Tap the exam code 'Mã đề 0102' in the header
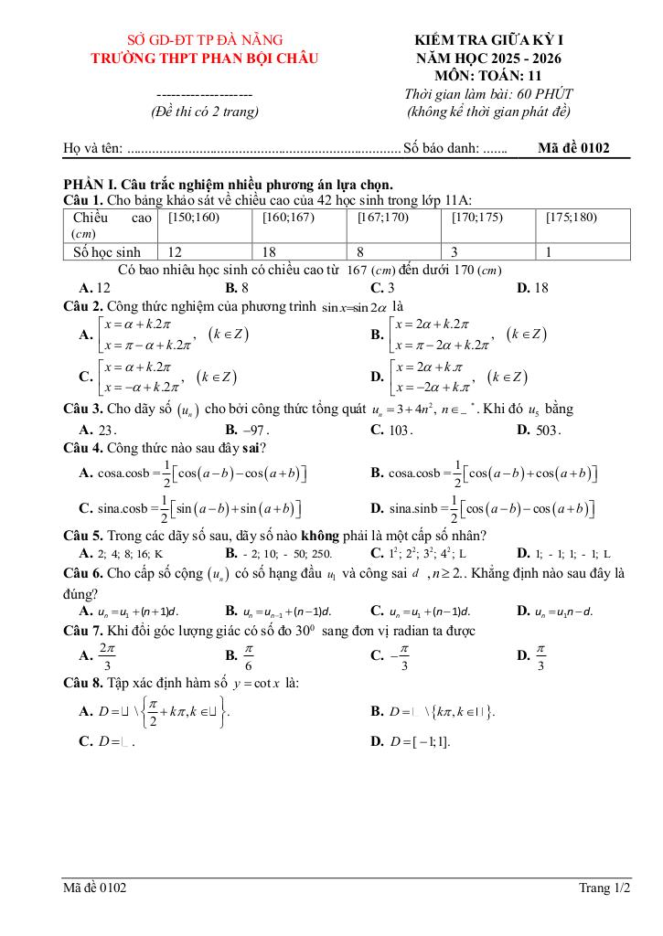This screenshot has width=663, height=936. (x=573, y=147)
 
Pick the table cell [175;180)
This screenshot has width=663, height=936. (x=571, y=218)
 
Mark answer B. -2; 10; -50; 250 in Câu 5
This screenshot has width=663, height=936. (x=279, y=554)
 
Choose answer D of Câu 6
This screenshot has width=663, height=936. (x=554, y=611)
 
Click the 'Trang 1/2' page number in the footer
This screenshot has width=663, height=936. (x=604, y=888)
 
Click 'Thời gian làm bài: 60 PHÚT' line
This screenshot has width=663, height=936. (x=488, y=94)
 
